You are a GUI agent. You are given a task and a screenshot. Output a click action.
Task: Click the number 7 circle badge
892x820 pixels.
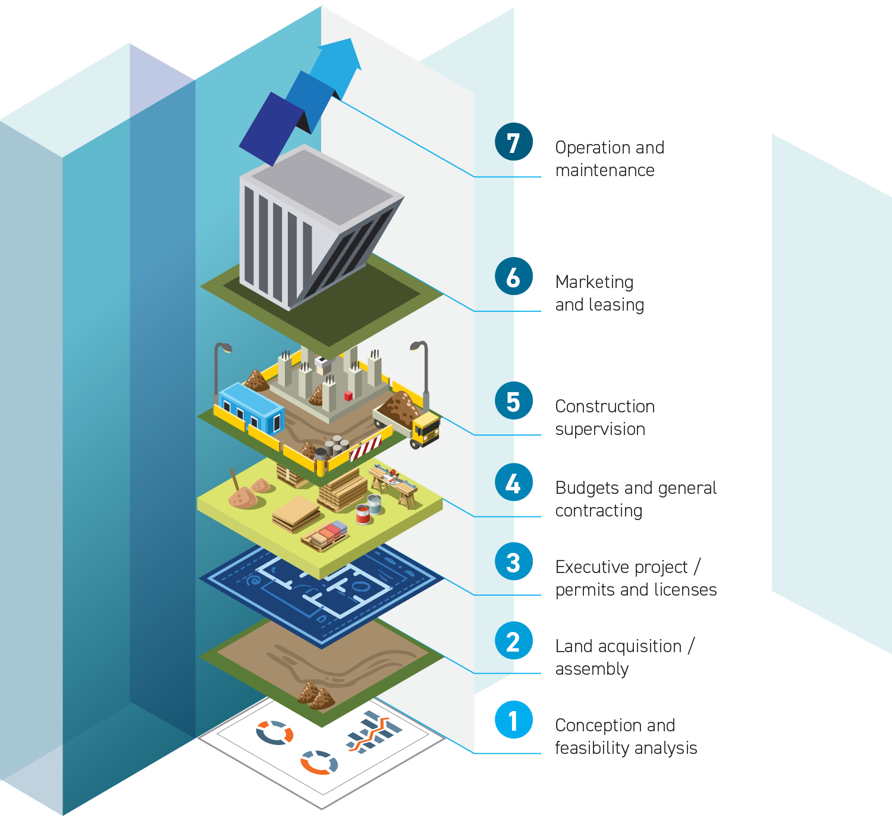click(513, 142)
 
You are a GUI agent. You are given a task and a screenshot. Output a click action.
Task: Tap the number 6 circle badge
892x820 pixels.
click(513, 276)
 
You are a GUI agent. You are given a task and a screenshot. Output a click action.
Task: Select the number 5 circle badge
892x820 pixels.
click(513, 400)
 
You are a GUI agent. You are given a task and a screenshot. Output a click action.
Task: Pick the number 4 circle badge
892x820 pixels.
click(513, 482)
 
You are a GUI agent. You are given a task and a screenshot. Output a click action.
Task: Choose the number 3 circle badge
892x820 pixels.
click(513, 561)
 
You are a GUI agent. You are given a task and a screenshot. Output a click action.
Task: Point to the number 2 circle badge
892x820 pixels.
click(513, 640)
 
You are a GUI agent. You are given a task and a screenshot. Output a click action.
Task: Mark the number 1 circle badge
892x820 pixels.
click(513, 719)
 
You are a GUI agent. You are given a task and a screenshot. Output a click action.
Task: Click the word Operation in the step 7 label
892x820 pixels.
click(588, 148)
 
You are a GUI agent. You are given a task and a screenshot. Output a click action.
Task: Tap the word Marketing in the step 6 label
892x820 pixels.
click(594, 282)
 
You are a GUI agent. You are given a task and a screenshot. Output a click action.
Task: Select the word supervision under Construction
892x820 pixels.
click(600, 429)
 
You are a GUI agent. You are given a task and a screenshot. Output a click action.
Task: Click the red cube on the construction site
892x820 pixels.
click(348, 395)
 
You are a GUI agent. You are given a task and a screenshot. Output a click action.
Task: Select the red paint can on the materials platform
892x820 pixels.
click(363, 514)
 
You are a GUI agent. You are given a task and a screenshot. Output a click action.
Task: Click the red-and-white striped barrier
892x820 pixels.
click(365, 447)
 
